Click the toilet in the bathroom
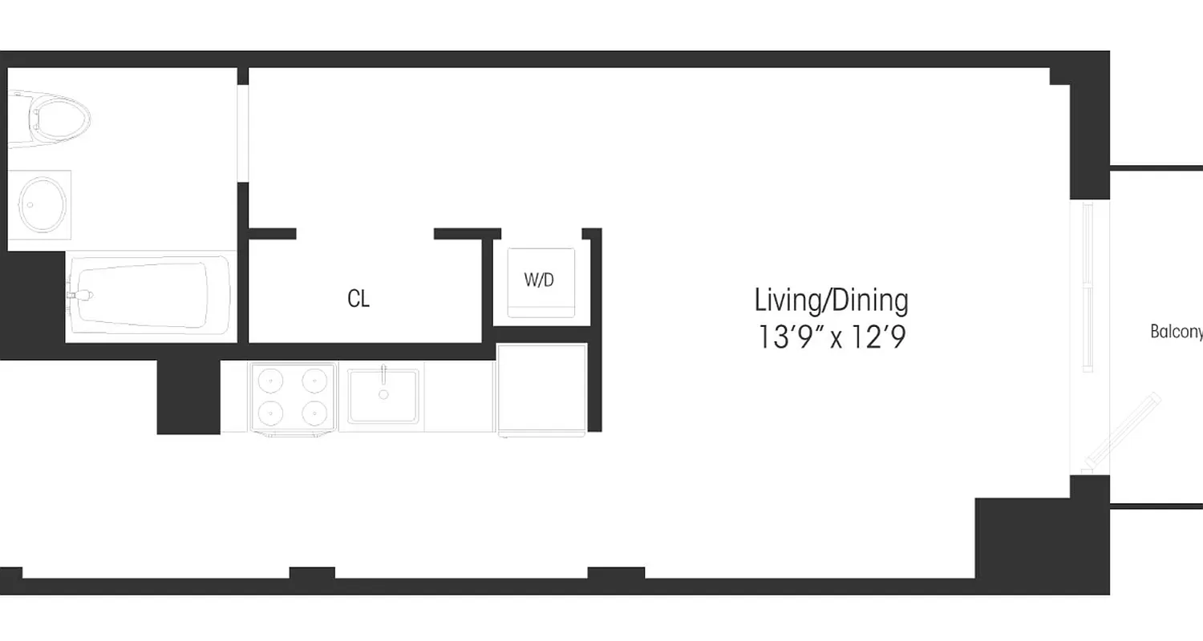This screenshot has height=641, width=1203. tap(53, 119)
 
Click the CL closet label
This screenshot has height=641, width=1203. tap(358, 299)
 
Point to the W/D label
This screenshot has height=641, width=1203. tap(539, 280)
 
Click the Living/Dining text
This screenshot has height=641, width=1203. tap(831, 300)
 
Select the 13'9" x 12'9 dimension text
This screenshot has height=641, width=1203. tap(831, 337)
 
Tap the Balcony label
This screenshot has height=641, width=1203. tap(1176, 332)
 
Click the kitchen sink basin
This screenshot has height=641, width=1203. tap(383, 395)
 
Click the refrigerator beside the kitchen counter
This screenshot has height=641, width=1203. tap(542, 389)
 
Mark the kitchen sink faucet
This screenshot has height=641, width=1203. tap(383, 375)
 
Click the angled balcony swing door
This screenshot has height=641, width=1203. tap(1121, 431)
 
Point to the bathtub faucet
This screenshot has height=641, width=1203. tap(80, 295)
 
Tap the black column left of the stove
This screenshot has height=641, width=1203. tap(188, 397)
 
